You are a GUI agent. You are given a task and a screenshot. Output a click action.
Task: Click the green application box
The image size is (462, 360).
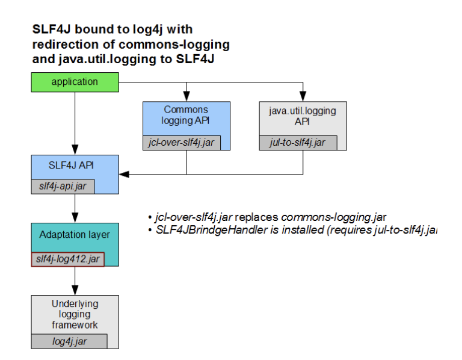pos(74,82)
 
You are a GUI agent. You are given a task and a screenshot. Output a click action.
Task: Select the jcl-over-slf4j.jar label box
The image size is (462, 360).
pos(182,143)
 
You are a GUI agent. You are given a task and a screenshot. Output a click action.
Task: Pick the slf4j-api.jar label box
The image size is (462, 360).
pos(63,187)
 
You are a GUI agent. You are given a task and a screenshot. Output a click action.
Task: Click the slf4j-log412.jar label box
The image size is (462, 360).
pos(67,259)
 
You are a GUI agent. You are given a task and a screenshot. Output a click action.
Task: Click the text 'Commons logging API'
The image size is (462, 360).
pos(186,115)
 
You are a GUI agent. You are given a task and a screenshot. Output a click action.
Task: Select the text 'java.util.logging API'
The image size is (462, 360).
pos(301,116)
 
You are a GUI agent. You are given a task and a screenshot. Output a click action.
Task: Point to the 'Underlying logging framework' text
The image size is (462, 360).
pos(75,314)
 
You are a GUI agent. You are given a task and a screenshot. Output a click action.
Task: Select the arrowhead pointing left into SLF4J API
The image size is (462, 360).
pos(124,175)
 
